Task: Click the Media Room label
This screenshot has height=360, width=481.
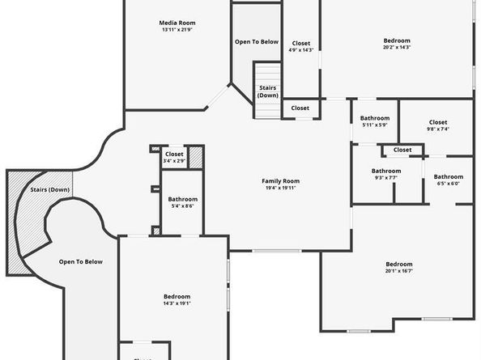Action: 178,23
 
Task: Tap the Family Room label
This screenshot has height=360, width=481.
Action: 280,181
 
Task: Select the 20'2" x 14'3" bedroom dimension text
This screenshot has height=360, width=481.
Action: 397,48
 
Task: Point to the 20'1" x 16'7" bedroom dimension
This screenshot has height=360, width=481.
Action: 398,272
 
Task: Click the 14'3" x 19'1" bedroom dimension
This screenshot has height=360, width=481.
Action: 177,304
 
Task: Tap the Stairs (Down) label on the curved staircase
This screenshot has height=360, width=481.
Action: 49,190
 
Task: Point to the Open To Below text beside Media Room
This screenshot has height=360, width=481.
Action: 257,41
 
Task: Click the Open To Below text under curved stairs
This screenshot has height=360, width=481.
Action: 81,261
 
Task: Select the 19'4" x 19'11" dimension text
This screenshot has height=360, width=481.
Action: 280,188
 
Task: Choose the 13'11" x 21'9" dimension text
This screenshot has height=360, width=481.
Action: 178,30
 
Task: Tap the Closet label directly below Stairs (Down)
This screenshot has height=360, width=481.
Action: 300,108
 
